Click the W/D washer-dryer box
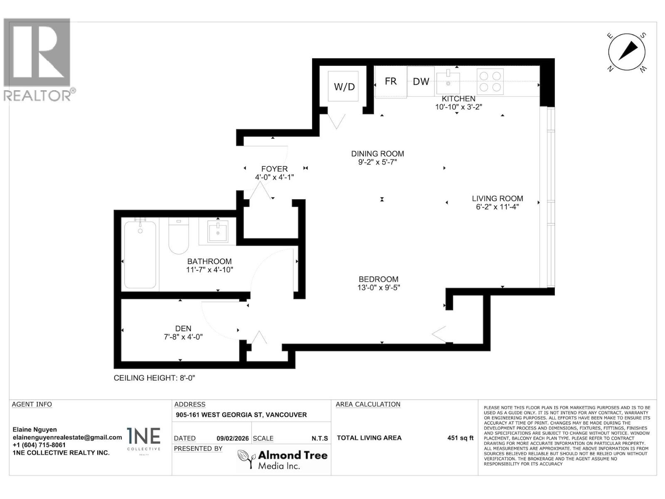click(343, 86)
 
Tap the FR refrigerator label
click(390, 81)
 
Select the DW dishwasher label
click(421, 82)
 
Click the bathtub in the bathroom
click(140, 254)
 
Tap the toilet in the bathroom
click(179, 237)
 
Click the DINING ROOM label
click(377, 154)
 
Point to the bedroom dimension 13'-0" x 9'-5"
click(379, 288)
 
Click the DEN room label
click(183, 329)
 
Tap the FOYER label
click(274, 169)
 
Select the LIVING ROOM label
click(497, 199)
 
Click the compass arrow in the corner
click(627, 52)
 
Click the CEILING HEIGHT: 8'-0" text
click(154, 378)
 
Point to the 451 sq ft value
click(460, 438)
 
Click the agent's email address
click(67, 437)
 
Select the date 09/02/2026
click(232, 438)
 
